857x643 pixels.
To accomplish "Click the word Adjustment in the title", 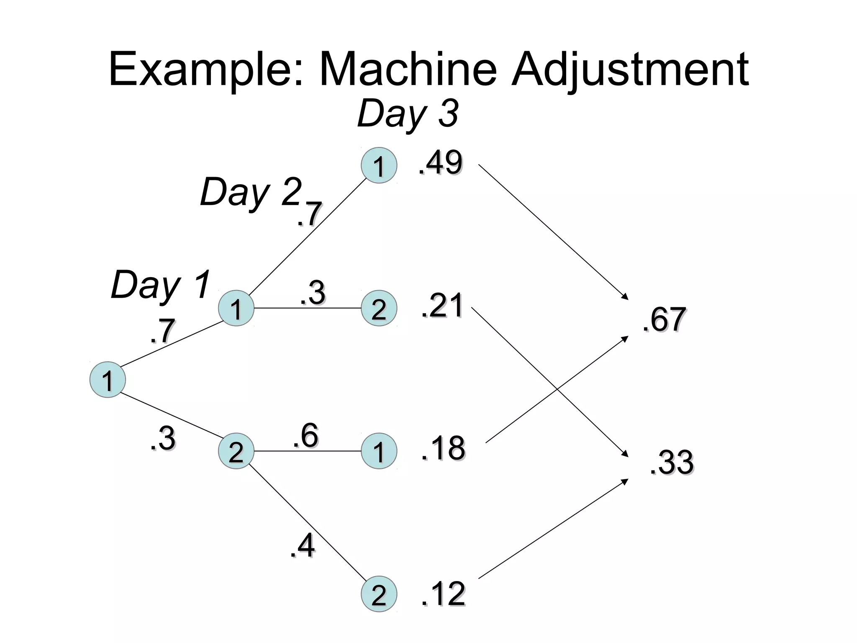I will point(630,69).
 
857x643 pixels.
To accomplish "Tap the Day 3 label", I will point(408,114).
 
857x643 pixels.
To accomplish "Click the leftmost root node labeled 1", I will point(108,380).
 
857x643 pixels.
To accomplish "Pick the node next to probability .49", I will point(379,165).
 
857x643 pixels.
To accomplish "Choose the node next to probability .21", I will point(379,309).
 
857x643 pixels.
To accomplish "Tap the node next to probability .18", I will point(379,451).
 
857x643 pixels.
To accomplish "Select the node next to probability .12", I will point(379,594).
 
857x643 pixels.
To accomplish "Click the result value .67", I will point(664,320).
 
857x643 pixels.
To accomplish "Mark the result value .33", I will point(672,463).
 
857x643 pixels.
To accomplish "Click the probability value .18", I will point(443,448).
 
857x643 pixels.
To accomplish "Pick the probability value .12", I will point(443,594).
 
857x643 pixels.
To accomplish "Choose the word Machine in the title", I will point(408,69).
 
